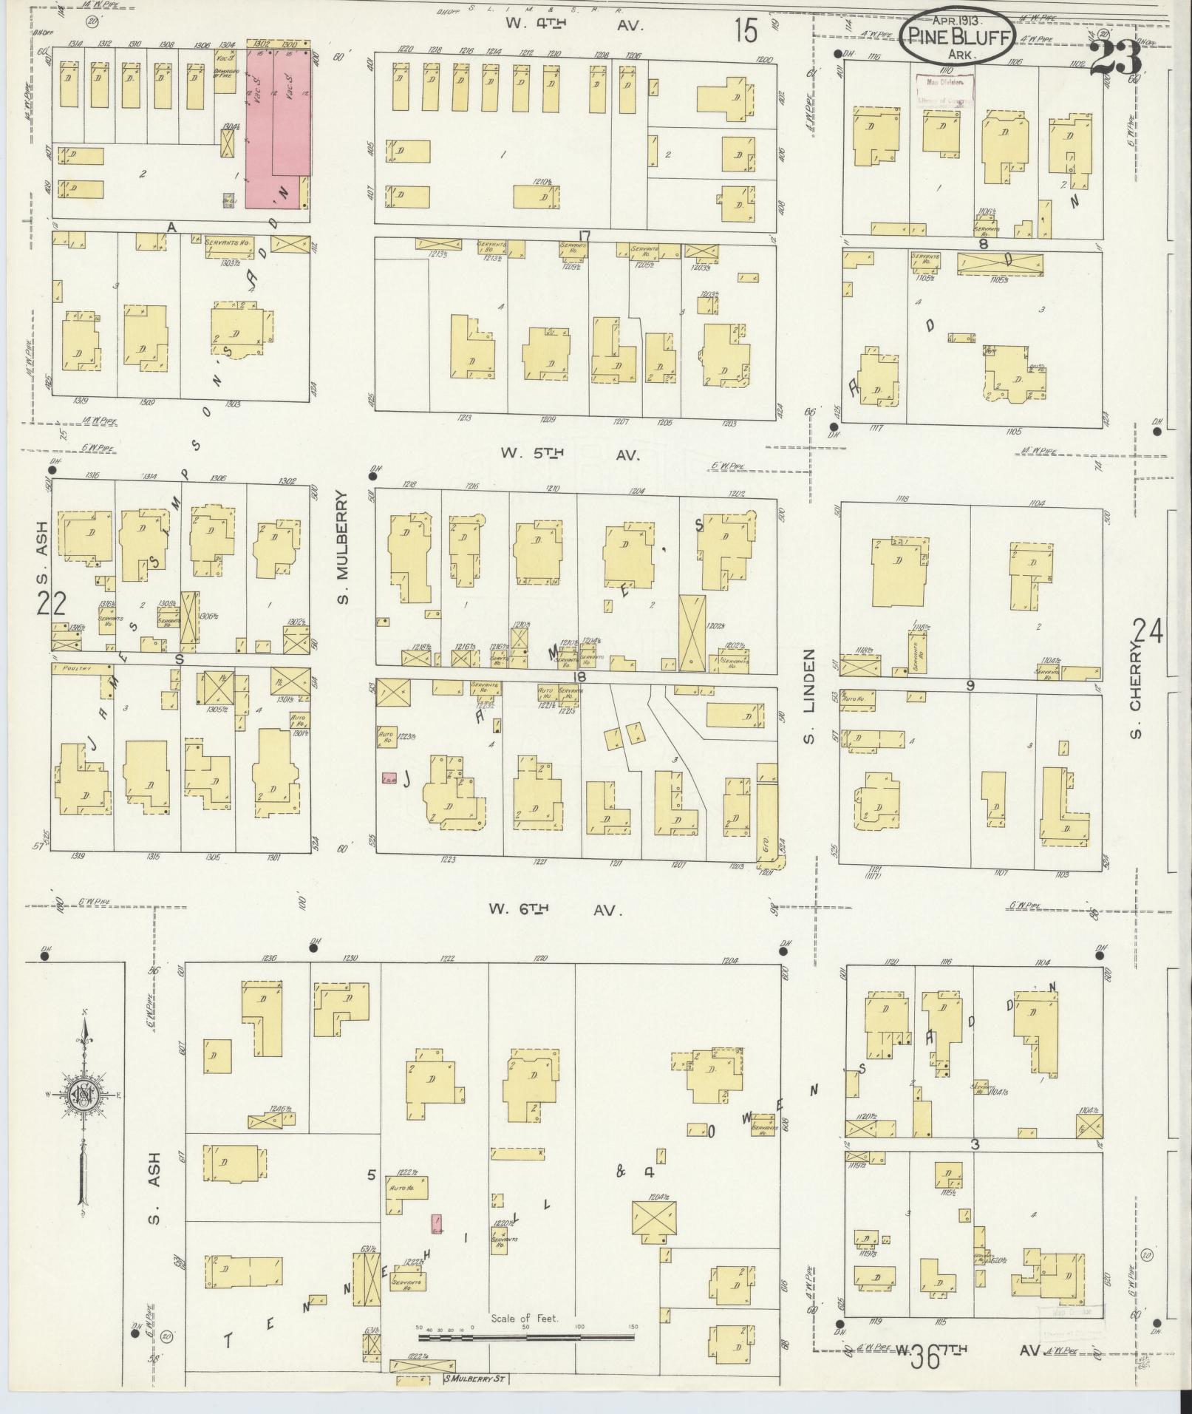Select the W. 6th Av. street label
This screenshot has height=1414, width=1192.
[552, 911]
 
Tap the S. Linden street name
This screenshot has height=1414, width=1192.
[808, 697]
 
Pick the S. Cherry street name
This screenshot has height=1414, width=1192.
[1135, 692]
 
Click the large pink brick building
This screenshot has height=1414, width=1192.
[276, 122]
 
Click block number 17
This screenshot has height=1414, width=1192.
[585, 237]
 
